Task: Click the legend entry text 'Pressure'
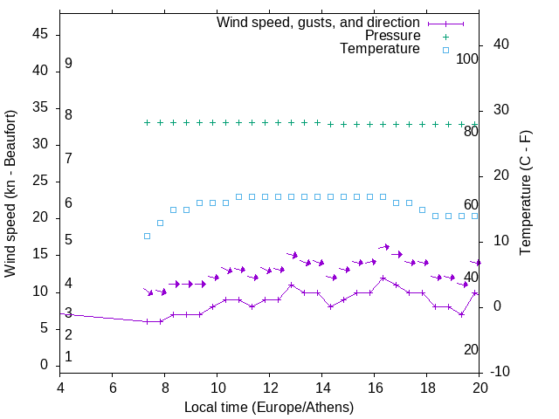tap(393, 36)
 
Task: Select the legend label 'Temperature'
tap(380, 49)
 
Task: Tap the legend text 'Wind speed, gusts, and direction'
tap(319, 23)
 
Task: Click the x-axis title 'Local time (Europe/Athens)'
tap(269, 407)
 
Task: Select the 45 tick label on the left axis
tap(42, 35)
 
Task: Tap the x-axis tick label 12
tap(270, 388)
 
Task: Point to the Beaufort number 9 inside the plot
tap(68, 64)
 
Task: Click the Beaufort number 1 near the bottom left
tap(68, 356)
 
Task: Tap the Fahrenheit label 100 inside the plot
tap(468, 59)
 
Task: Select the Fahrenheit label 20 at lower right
tap(471, 349)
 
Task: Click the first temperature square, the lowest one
tap(147, 236)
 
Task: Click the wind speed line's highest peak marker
tap(383, 278)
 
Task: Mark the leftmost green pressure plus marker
tap(147, 123)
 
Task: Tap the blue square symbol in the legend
tap(445, 50)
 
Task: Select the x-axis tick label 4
tap(60, 388)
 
